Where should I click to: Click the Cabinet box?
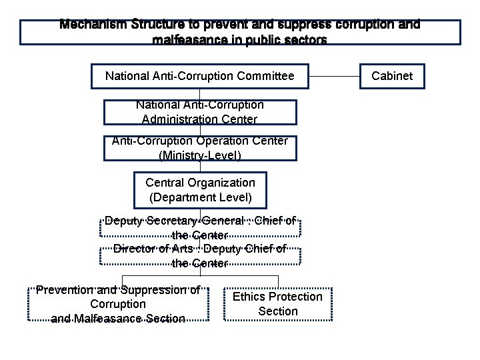coord(392,76)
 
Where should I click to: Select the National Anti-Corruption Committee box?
coord(200,76)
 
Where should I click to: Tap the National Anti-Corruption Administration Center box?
coord(200,112)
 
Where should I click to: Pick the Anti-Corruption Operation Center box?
coord(200,148)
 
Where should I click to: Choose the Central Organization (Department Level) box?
coord(200,189)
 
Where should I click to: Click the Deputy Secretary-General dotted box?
coord(200,227)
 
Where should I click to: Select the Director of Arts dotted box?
coord(200,256)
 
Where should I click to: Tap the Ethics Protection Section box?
coord(277,304)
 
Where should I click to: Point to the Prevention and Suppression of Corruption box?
coord(118,304)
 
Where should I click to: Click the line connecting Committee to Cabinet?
coord(334,76)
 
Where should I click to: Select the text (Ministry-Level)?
coord(200,155)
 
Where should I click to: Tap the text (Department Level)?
coord(200,197)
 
